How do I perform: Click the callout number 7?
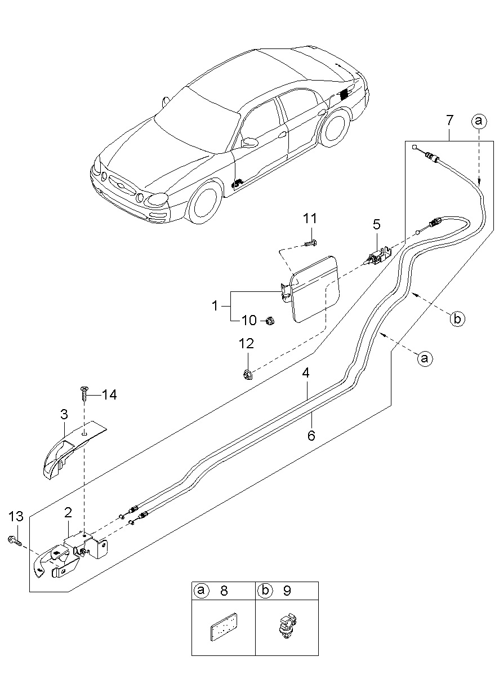pos(449,120)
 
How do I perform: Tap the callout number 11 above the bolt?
pos(310,219)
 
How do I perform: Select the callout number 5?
pos(376,224)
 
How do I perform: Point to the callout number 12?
pos(246,344)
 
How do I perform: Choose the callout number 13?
pos(16,516)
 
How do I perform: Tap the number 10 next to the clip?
pos(249,321)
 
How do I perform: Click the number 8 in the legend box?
pos(224,591)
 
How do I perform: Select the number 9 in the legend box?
pos(287,591)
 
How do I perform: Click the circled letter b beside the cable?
pos(457,319)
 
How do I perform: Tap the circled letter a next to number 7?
pos(478,120)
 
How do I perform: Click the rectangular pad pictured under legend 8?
pos(224,628)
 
